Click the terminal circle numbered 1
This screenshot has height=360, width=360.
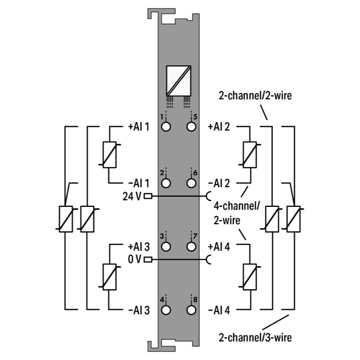(x=167, y=127)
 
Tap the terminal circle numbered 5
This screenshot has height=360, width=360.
(x=192, y=127)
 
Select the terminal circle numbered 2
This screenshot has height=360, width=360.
(x=167, y=183)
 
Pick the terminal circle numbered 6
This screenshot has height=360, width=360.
(x=192, y=183)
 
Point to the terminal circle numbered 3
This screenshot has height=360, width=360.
(x=167, y=247)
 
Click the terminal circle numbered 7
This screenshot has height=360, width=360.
(x=192, y=247)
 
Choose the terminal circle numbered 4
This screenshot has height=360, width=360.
(x=167, y=310)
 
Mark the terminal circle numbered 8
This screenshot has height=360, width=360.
(x=192, y=310)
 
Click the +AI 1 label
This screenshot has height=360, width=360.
(x=139, y=127)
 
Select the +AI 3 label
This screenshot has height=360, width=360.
(x=139, y=247)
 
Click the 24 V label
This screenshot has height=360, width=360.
(x=132, y=196)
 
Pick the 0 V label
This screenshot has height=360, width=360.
(x=135, y=260)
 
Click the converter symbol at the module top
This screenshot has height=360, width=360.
(x=179, y=80)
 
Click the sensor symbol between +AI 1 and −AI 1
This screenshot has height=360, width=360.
(x=110, y=155)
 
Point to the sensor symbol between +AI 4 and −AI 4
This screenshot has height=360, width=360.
(x=249, y=277)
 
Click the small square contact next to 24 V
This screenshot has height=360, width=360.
(x=148, y=196)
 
